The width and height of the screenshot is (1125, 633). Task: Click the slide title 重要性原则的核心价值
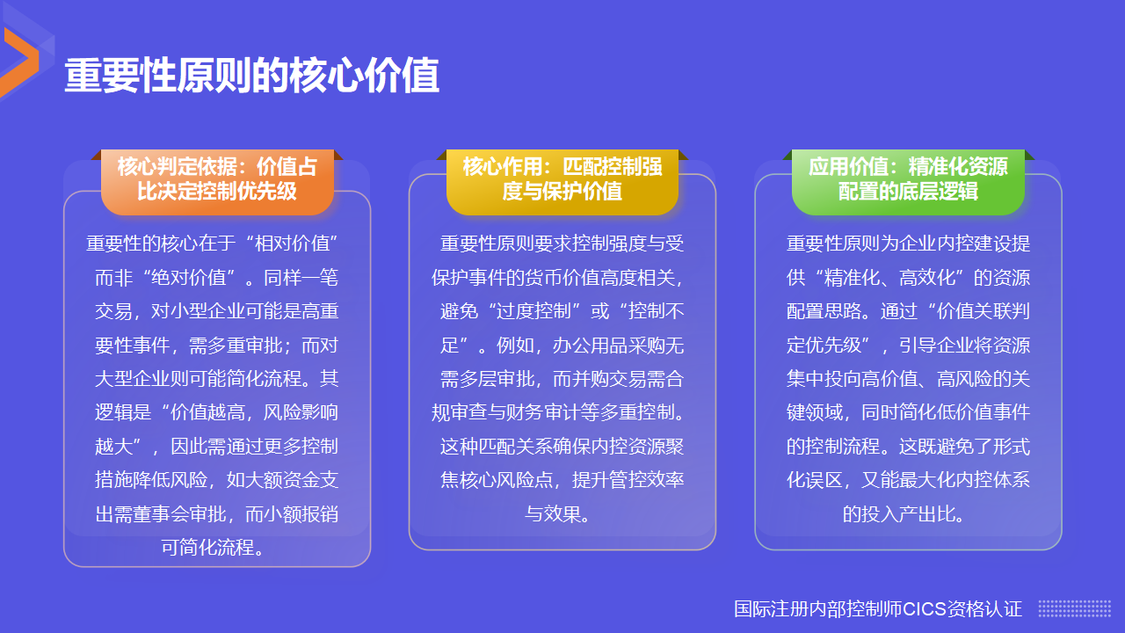tap(251, 77)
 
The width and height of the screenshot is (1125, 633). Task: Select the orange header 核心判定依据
tap(217, 179)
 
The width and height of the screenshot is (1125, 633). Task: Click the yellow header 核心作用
tap(562, 179)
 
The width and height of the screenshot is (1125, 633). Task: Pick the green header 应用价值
tap(908, 179)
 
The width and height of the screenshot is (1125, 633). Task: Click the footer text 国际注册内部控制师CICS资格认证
tap(878, 608)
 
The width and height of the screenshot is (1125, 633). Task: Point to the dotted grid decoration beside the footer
tap(1074, 608)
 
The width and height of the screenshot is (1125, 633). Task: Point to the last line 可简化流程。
tap(217, 548)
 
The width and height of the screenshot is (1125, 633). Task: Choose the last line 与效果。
tap(562, 513)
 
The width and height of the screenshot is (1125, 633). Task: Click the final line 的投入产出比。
tap(908, 513)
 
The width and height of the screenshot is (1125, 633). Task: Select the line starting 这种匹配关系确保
tap(562, 446)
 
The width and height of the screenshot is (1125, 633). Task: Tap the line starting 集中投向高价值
tap(908, 379)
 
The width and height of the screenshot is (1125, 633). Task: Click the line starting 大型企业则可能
tap(217, 379)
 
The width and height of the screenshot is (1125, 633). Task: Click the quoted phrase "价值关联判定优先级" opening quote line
tap(977, 311)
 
